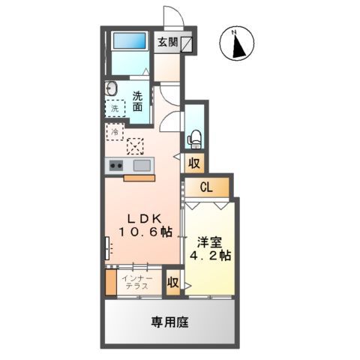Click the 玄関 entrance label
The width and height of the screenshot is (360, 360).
[167, 42]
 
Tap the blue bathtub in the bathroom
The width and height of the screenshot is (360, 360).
[130, 40]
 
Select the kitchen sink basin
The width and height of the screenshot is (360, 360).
[141, 165]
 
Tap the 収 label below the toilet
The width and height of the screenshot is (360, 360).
[193, 163]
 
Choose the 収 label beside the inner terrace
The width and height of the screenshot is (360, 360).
[172, 283]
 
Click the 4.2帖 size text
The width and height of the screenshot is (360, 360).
[210, 256]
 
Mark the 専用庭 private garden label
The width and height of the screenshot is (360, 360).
[169, 322]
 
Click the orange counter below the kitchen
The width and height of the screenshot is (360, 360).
[139, 178]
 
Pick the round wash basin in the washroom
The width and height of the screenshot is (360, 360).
[111, 87]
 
